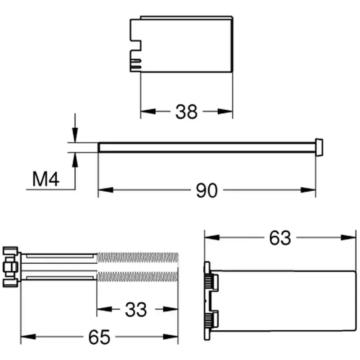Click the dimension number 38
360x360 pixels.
(x=186, y=112)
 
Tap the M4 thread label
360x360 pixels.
(x=46, y=179)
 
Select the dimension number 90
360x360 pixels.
(x=207, y=190)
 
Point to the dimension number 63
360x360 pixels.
(x=280, y=238)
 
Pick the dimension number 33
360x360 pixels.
(x=136, y=310)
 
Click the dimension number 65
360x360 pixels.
(x=99, y=337)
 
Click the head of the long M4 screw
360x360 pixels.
(x=319, y=148)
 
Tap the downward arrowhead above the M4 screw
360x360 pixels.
(x=75, y=135)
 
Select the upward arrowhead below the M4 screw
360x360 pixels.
(x=75, y=160)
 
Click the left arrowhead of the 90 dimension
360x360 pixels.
(x=106, y=190)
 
